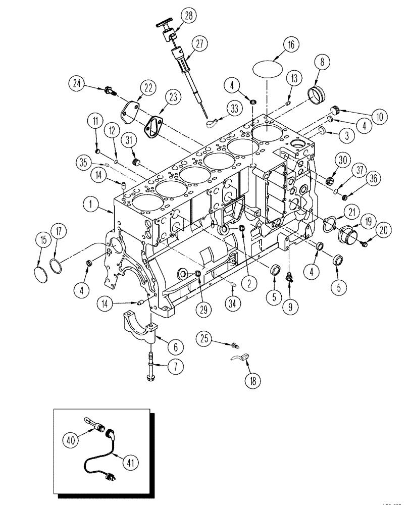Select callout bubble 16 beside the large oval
pyautogui.click(x=291, y=45)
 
